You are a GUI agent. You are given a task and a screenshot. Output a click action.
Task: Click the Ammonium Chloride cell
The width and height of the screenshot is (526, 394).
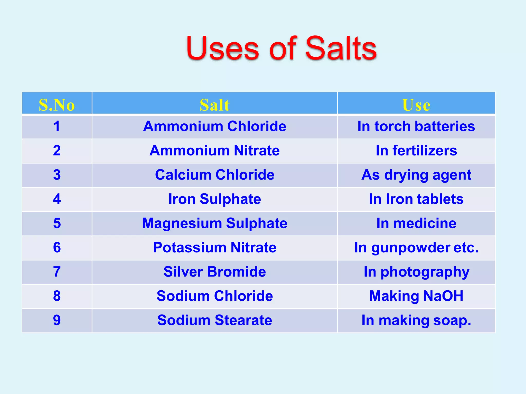click(214, 126)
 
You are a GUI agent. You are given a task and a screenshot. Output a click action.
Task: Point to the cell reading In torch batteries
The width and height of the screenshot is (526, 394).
click(416, 126)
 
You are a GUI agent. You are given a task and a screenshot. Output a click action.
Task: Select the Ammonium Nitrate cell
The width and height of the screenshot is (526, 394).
click(214, 150)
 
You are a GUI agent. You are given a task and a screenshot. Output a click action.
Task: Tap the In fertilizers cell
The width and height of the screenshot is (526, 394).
click(416, 150)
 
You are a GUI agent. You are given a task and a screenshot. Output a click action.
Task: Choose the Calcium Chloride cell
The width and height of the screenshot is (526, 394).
click(214, 175)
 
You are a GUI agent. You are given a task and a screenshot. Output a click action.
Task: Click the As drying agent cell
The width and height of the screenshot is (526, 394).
click(416, 175)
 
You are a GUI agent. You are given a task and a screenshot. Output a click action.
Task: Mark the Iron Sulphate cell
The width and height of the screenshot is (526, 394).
click(214, 199)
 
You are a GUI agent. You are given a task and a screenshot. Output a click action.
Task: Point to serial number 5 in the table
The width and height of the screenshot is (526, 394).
click(57, 223)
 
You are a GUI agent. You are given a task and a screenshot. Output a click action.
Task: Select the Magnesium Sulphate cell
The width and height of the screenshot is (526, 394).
click(214, 223)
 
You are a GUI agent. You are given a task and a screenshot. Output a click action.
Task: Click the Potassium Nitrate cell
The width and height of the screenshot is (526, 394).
click(214, 248)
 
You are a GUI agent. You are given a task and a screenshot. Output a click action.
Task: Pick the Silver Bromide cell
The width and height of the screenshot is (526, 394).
click(214, 272)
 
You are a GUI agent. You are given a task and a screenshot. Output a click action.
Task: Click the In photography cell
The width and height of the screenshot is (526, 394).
click(416, 272)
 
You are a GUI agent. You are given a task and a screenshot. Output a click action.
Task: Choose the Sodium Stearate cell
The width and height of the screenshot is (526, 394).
click(214, 320)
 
